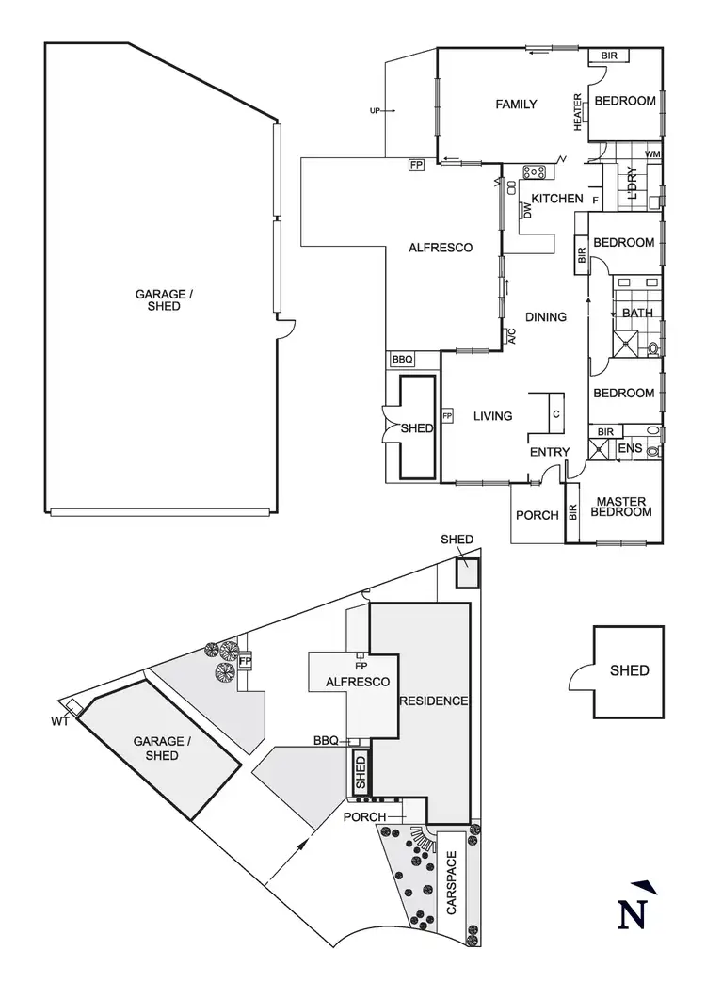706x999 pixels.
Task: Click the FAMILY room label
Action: point(516,105)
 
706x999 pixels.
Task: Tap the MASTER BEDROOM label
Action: point(621,506)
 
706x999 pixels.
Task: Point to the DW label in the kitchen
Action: point(527,212)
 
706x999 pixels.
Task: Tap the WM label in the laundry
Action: point(652,154)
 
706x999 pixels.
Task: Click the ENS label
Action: point(630,449)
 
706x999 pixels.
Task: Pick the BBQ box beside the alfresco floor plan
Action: point(402,360)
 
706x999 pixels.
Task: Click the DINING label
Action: point(545,317)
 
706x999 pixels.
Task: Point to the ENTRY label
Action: point(549,452)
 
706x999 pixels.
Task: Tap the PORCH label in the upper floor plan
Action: point(538,515)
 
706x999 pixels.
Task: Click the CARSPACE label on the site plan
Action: point(451,884)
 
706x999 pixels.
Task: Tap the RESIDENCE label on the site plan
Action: point(433,701)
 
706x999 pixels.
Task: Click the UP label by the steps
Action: point(375,111)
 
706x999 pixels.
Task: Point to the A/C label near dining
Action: point(511,336)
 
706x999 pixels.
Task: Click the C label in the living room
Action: point(555,414)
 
